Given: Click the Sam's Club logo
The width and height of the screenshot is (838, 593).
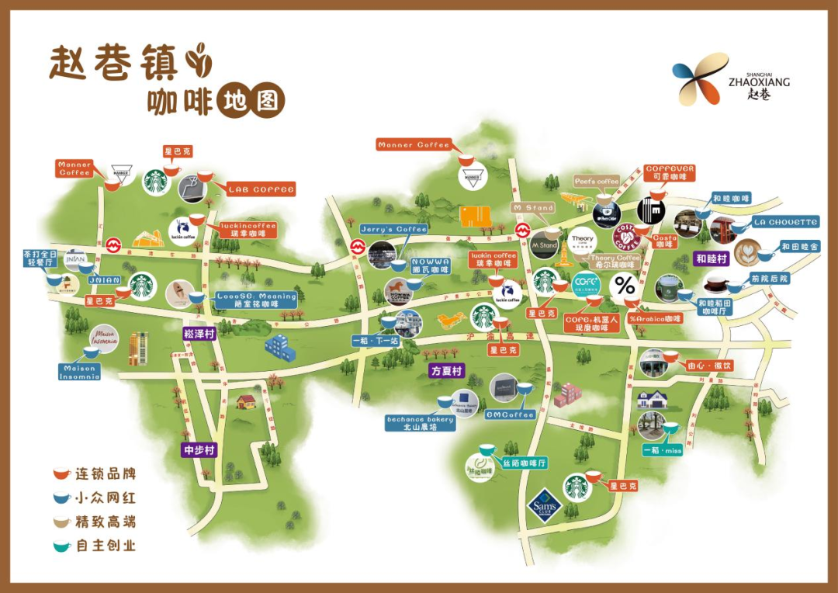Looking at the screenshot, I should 544,508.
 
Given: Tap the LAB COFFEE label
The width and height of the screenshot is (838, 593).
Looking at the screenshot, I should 261,189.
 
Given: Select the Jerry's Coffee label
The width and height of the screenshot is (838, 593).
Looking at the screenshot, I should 394,230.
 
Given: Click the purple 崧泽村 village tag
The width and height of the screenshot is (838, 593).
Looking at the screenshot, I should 199,334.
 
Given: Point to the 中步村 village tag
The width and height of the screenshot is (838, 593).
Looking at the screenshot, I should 199,449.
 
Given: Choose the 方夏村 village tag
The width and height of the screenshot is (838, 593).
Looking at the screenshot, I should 447,371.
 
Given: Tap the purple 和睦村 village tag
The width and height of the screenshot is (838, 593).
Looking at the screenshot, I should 712,259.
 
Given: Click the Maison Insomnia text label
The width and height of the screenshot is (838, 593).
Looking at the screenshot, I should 80,373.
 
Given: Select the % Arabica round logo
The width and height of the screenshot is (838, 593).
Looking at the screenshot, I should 625,288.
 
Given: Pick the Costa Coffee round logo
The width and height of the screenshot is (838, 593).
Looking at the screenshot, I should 626,235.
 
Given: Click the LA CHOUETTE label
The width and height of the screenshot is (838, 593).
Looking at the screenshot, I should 785,223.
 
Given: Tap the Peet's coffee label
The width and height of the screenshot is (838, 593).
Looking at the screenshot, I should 597,182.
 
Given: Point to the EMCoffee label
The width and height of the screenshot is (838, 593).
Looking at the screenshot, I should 511,414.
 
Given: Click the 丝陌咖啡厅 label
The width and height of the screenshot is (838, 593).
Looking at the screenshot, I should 525,463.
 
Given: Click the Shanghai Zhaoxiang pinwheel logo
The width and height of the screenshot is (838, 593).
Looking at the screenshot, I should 700,78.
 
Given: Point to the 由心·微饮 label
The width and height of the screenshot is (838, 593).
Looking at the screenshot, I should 708,366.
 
